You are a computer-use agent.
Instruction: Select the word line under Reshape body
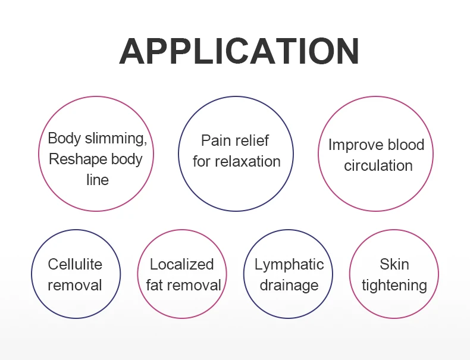click(98, 180)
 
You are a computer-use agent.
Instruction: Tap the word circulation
click(378, 165)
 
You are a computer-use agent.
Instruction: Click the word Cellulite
click(75, 264)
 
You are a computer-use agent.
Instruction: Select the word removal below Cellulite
click(75, 285)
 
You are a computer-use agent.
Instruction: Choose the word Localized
click(181, 264)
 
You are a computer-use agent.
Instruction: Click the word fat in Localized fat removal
click(154, 285)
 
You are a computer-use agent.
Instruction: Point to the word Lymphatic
click(289, 264)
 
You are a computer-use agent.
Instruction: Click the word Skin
click(394, 264)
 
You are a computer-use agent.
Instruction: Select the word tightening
click(394, 285)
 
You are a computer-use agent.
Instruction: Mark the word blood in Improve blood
click(406, 145)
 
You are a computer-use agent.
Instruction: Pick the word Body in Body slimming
click(64, 139)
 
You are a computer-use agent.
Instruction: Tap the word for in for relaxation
click(202, 161)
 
